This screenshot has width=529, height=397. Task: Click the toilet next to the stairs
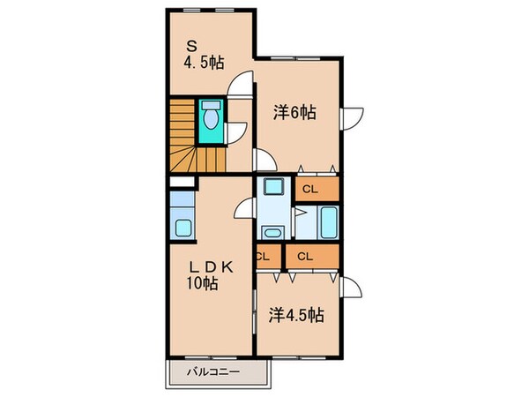pos(211,117)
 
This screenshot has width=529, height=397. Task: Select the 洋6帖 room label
pos(294,113)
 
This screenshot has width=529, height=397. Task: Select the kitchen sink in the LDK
pos(183,228)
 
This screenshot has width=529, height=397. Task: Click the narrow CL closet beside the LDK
pos(263,257)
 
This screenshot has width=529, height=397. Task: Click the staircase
pos(194,137)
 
